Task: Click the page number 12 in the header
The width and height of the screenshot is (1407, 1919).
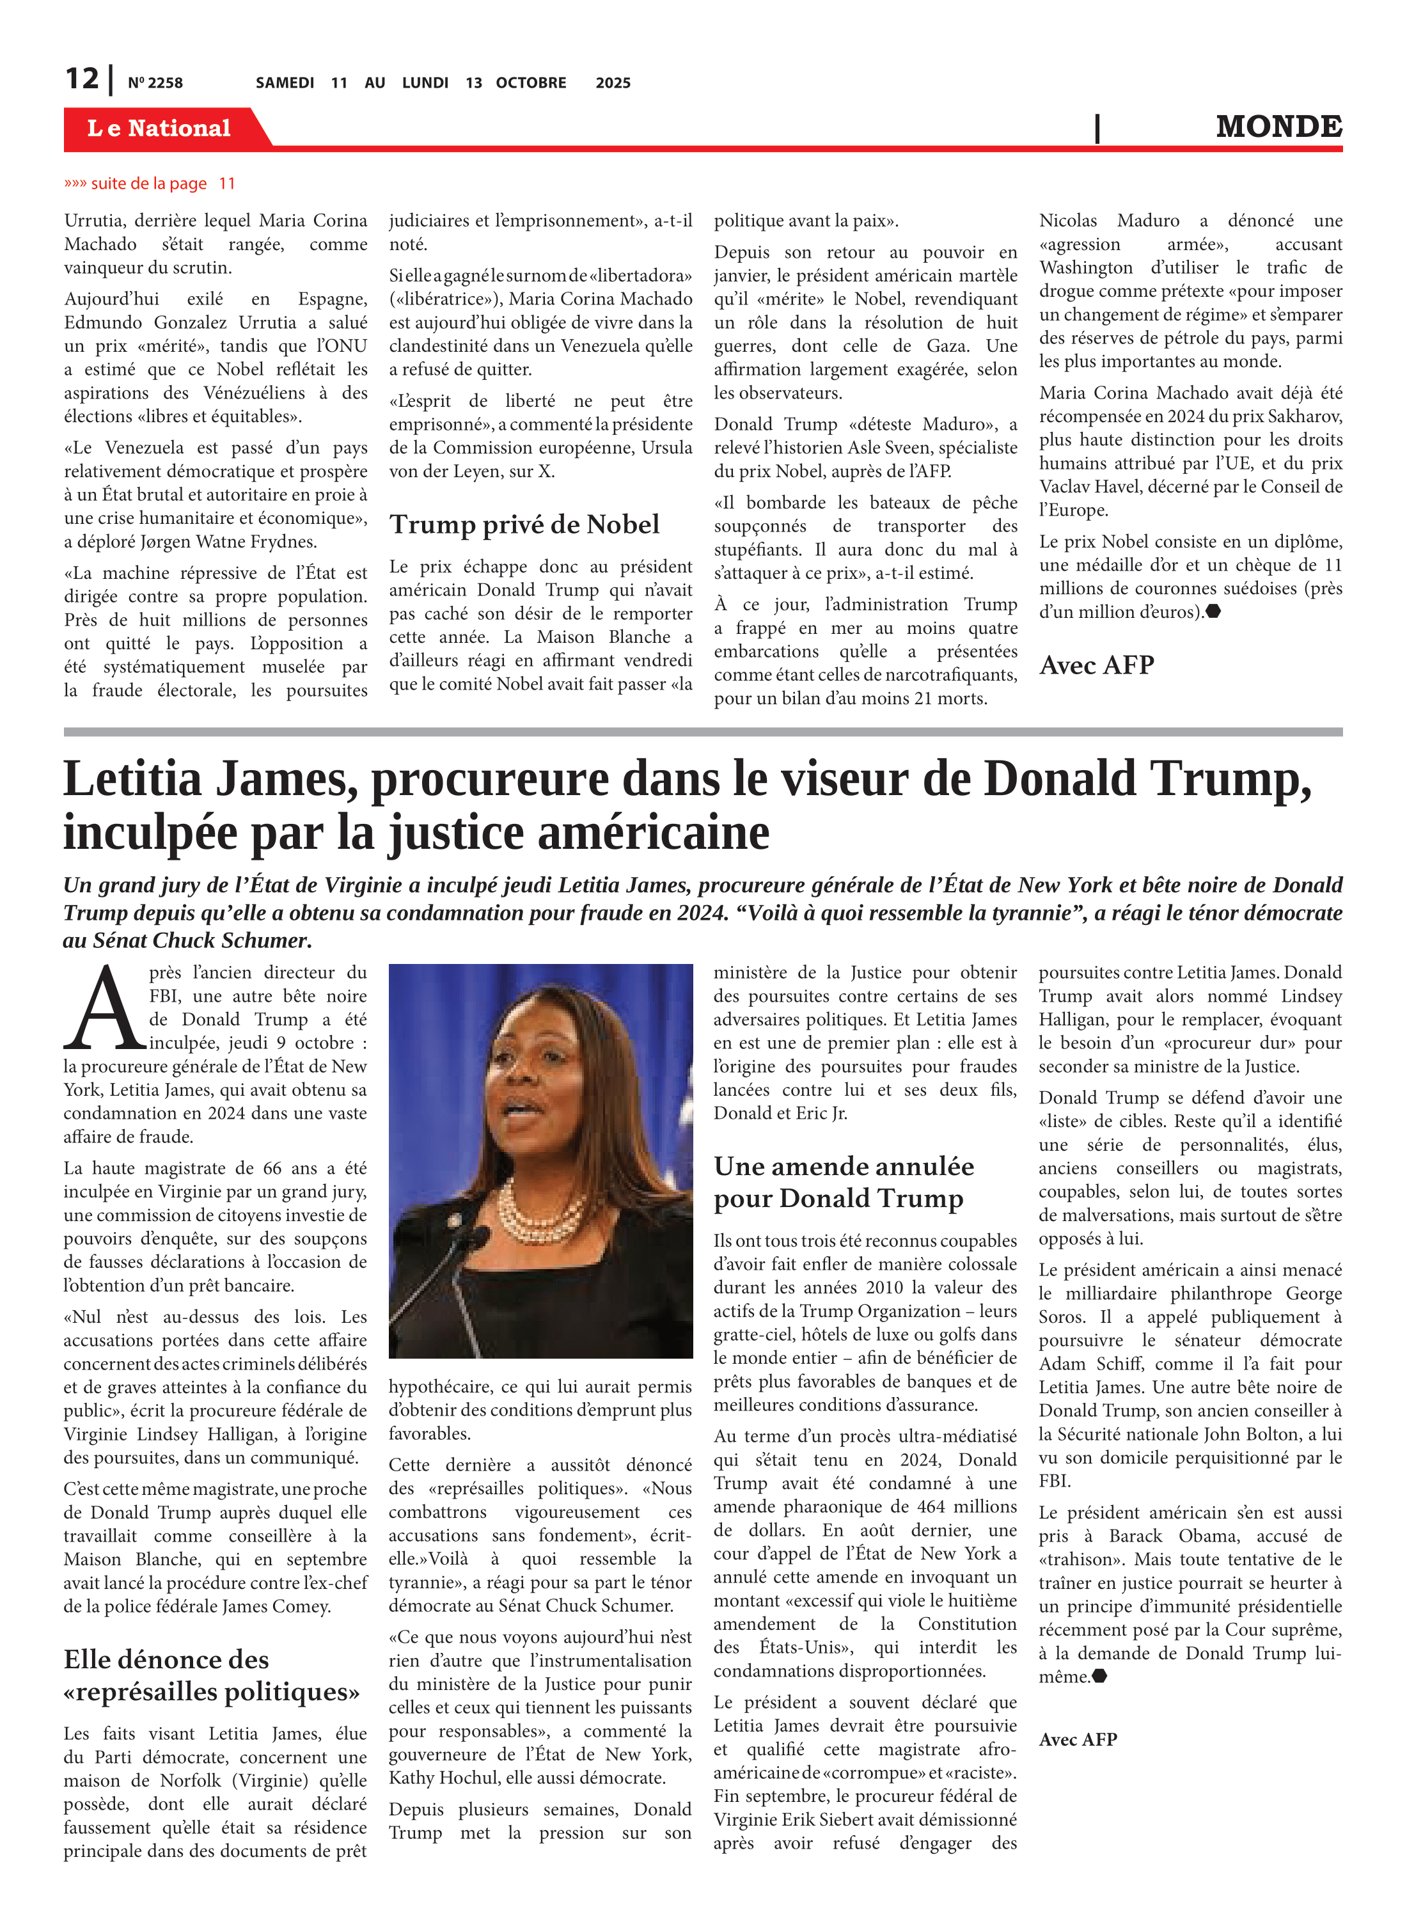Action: [x=82, y=79]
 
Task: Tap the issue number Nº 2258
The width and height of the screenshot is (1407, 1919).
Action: [x=155, y=83]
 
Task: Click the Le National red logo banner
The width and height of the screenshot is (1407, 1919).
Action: [x=159, y=128]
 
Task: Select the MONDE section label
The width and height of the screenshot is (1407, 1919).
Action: [x=1278, y=127]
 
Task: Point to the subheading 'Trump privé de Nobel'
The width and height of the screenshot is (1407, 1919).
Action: [x=524, y=525]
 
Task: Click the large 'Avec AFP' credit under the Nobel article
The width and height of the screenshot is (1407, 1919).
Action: [x=1096, y=665]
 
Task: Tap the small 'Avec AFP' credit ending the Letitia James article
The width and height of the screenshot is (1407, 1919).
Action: [x=1078, y=1739]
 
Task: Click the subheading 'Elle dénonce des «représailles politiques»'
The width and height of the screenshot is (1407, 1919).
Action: [x=211, y=1675]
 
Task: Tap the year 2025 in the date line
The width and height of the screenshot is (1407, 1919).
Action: [x=613, y=83]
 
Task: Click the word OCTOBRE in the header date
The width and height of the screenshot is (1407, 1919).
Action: [x=531, y=83]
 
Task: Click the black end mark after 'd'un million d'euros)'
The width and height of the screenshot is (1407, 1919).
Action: [x=1214, y=612]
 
